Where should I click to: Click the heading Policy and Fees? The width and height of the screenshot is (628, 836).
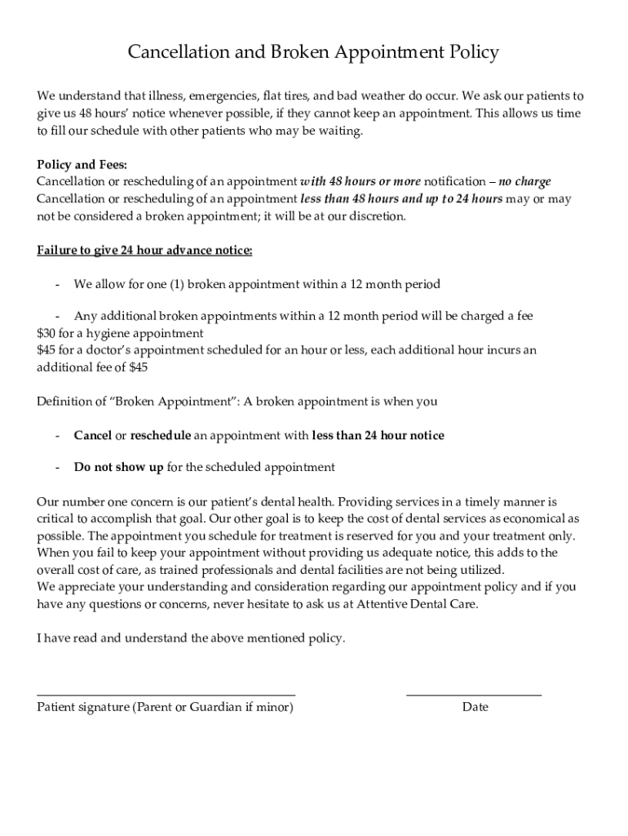(82, 164)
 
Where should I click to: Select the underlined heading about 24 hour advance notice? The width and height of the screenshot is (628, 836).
(144, 250)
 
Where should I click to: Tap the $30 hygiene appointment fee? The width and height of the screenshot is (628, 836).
(46, 333)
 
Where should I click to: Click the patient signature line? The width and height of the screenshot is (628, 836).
(166, 694)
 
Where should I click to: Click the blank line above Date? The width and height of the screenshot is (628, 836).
(473, 694)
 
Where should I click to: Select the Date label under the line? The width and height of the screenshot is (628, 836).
(475, 707)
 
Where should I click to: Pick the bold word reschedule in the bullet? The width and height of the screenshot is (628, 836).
(161, 435)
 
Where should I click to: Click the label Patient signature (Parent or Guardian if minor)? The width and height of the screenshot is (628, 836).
(165, 707)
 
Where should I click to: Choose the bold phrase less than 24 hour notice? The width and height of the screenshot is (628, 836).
(378, 435)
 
